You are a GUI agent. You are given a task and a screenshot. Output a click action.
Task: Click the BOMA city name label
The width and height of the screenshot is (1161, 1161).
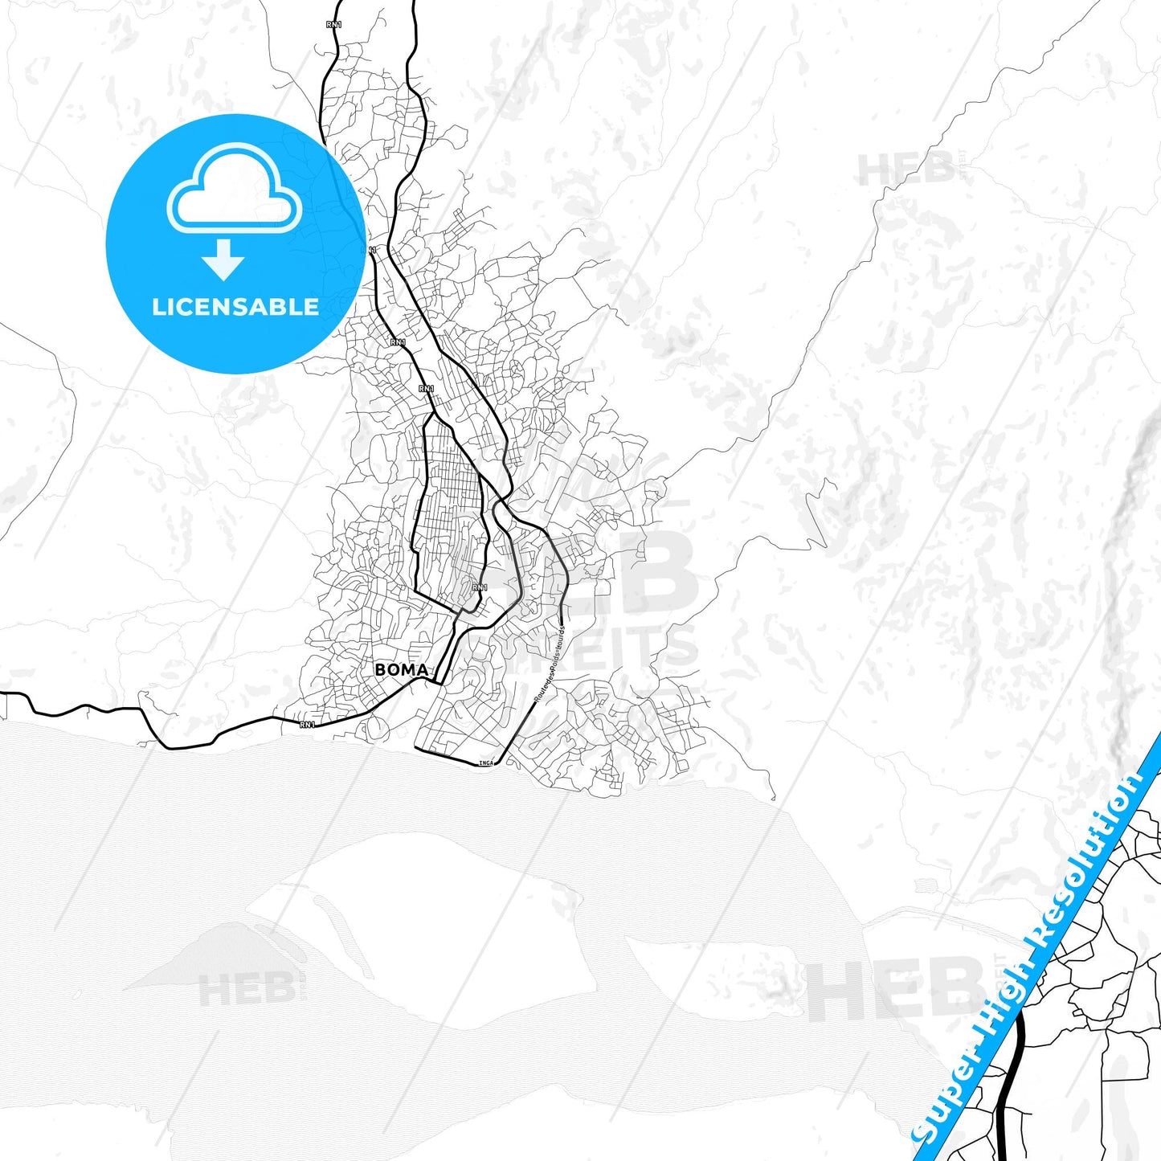(x=401, y=669)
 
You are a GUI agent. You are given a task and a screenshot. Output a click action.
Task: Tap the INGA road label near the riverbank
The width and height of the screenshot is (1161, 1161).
(x=485, y=762)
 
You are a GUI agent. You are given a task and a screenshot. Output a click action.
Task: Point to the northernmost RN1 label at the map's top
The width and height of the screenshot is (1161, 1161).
(x=334, y=25)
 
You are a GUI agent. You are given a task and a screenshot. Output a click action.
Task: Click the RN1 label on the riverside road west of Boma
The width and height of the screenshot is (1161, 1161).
(x=307, y=725)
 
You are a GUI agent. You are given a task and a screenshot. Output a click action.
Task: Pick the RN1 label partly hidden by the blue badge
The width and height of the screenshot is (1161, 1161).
(x=372, y=251)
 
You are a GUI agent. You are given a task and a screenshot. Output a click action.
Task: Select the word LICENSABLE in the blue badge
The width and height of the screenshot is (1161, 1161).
(x=235, y=307)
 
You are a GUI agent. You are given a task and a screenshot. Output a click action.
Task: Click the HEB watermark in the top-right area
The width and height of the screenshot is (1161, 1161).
(x=905, y=169)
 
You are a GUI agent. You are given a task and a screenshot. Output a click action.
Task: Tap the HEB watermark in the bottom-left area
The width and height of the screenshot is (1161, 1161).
(x=246, y=990)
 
